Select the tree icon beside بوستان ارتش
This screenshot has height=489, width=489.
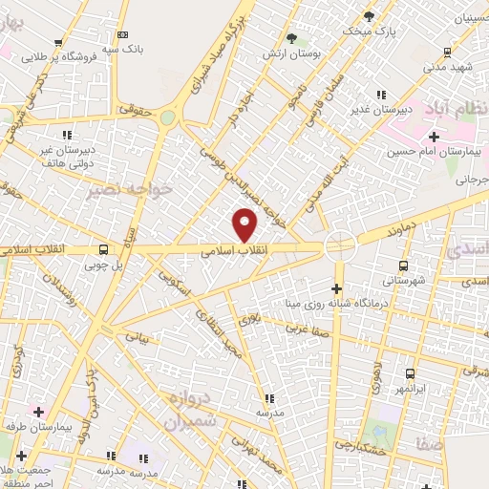click(x=291, y=38)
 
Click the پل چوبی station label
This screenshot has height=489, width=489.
click(x=104, y=265)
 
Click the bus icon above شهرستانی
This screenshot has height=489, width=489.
click(x=404, y=266)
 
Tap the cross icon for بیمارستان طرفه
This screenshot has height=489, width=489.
click(x=38, y=412)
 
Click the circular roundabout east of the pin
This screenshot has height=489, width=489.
click(x=339, y=245)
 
